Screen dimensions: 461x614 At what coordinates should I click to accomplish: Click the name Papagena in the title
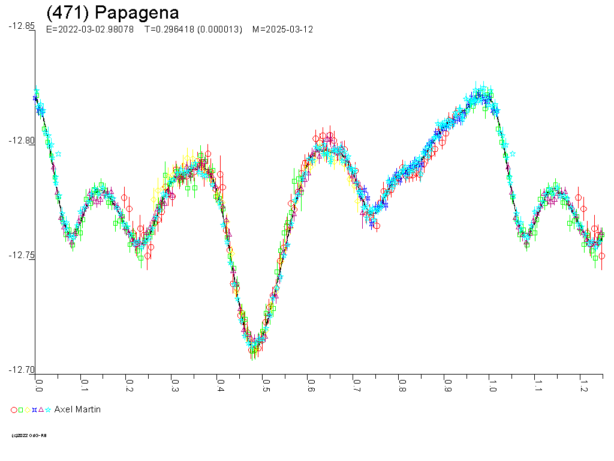137,13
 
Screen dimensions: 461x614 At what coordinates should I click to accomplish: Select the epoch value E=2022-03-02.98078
90,29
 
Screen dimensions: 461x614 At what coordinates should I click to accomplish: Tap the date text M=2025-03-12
282,29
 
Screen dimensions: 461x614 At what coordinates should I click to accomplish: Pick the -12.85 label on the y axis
22,26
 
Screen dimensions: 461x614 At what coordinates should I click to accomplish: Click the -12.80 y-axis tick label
22,140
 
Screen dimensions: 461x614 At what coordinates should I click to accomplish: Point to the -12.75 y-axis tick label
22,255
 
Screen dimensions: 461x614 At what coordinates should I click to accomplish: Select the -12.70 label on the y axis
22,370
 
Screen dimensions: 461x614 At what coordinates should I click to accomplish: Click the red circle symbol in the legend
14,410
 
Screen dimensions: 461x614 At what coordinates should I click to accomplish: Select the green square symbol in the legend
20,410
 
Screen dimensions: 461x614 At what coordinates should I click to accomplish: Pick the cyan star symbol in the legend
47,410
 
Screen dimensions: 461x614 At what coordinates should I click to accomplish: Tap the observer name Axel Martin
77,409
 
